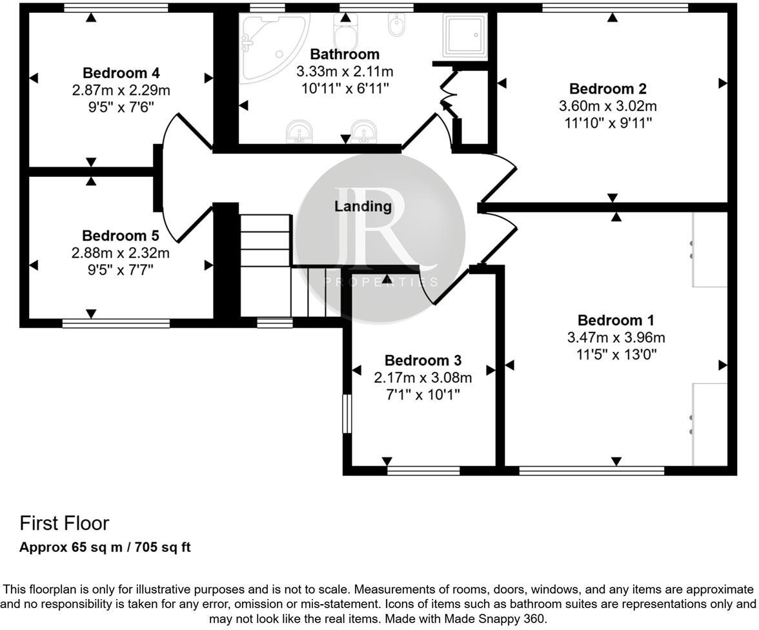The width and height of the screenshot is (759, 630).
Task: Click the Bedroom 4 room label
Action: pos(121,73)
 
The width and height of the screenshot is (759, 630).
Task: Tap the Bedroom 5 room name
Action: pos(121,236)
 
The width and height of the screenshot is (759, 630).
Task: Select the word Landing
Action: pos(363,207)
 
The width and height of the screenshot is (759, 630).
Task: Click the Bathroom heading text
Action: pos(345,54)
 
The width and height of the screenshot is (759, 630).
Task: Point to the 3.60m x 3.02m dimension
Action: pos(608,106)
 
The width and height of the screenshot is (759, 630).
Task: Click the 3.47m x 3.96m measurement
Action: pos(616,337)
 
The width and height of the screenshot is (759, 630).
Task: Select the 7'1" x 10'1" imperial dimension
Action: pos(423,394)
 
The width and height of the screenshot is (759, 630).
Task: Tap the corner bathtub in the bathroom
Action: pos(274,48)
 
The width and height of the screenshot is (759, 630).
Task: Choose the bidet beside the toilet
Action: pos(397,25)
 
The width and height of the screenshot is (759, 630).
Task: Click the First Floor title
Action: pos(65,523)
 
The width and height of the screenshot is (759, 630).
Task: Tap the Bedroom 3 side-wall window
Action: pos(347,414)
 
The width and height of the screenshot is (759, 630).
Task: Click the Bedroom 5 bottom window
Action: pos(116,323)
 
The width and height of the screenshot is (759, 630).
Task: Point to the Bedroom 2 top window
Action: pos(615,8)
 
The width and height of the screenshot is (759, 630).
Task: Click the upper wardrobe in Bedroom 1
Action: pos(710,249)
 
